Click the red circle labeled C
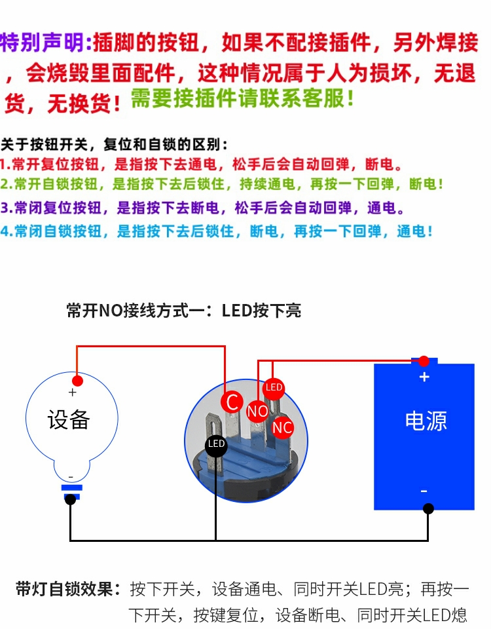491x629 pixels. click(231, 401)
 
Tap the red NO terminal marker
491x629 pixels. click(257, 411)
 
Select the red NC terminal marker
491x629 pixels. click(282, 428)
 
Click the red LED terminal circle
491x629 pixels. click(274, 388)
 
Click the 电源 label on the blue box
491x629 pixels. click(426, 421)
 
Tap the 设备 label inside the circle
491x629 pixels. click(69, 419)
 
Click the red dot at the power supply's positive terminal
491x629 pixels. click(424, 361)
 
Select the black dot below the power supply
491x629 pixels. click(428, 508)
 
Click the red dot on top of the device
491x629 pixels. click(77, 381)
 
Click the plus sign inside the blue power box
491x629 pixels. click(424, 377)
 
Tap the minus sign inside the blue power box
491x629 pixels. click(424, 491)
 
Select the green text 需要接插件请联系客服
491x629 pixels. click(242, 99)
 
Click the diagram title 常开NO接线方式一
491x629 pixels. click(141, 310)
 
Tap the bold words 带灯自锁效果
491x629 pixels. click(68, 588)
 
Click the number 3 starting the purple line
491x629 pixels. click(5, 208)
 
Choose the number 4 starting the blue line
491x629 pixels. click(5, 231)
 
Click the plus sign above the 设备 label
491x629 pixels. click(72, 392)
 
